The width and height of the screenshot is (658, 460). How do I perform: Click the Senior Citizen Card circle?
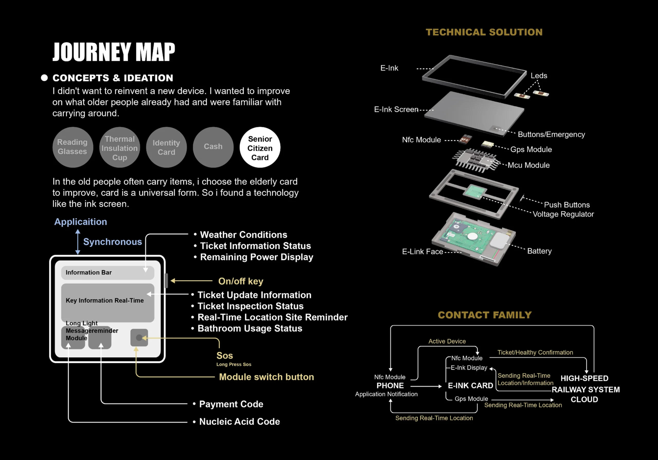pyautogui.click(x=260, y=148)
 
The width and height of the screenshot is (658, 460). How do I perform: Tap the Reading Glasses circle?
pyautogui.click(x=72, y=147)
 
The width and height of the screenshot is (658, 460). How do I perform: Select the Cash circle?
pyautogui.click(x=213, y=147)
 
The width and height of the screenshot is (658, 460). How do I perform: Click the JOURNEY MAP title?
pyautogui.click(x=114, y=52)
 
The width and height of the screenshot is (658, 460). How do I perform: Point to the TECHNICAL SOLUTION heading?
pyautogui.click(x=484, y=32)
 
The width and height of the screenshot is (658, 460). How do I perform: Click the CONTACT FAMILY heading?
pyautogui.click(x=485, y=315)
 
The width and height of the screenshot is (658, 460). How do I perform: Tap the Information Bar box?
pyautogui.click(x=107, y=272)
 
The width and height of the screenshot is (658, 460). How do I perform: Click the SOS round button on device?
pyautogui.click(x=139, y=338)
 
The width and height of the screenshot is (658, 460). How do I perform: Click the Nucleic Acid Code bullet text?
pyautogui.click(x=239, y=422)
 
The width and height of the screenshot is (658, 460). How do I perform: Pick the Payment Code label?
pyautogui.click(x=231, y=404)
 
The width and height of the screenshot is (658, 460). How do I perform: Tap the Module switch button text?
pyautogui.click(x=266, y=377)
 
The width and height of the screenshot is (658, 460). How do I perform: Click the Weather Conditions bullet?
pyautogui.click(x=243, y=235)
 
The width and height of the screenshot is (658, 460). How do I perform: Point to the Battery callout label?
pyautogui.click(x=539, y=251)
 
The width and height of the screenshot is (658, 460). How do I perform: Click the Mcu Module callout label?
pyautogui.click(x=528, y=165)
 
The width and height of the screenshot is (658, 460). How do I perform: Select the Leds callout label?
pyautogui.click(x=539, y=76)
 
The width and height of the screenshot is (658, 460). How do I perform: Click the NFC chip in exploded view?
pyautogui.click(x=465, y=139)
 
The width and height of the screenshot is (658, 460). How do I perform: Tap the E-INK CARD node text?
pyautogui.click(x=470, y=386)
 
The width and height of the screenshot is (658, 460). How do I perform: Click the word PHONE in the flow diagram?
pyautogui.click(x=390, y=386)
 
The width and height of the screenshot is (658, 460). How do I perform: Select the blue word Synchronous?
pyautogui.click(x=112, y=242)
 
